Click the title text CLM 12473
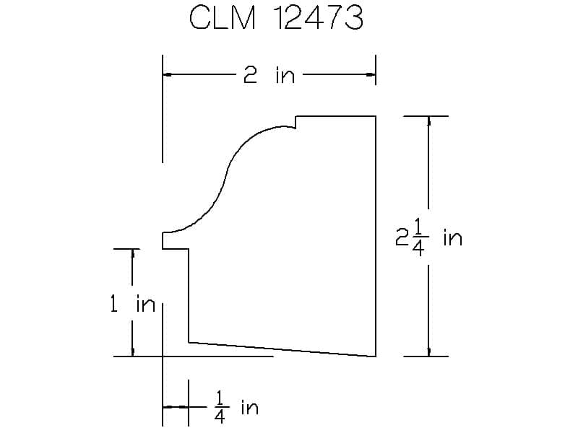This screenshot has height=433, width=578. click(x=276, y=17)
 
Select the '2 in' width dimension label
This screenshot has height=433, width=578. click(x=269, y=76)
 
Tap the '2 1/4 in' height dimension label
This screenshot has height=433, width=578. click(x=428, y=237)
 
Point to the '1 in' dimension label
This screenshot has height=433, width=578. click(x=133, y=305)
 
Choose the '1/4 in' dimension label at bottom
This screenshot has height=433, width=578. click(x=236, y=407)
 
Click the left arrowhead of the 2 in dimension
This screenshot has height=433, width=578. click(x=167, y=75)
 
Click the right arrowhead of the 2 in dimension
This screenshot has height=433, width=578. click(x=371, y=75)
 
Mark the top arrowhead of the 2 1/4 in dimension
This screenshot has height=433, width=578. click(x=428, y=121)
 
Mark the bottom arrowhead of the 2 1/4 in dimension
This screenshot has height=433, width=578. click(x=428, y=351)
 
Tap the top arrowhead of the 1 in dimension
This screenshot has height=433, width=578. click(x=133, y=254)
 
